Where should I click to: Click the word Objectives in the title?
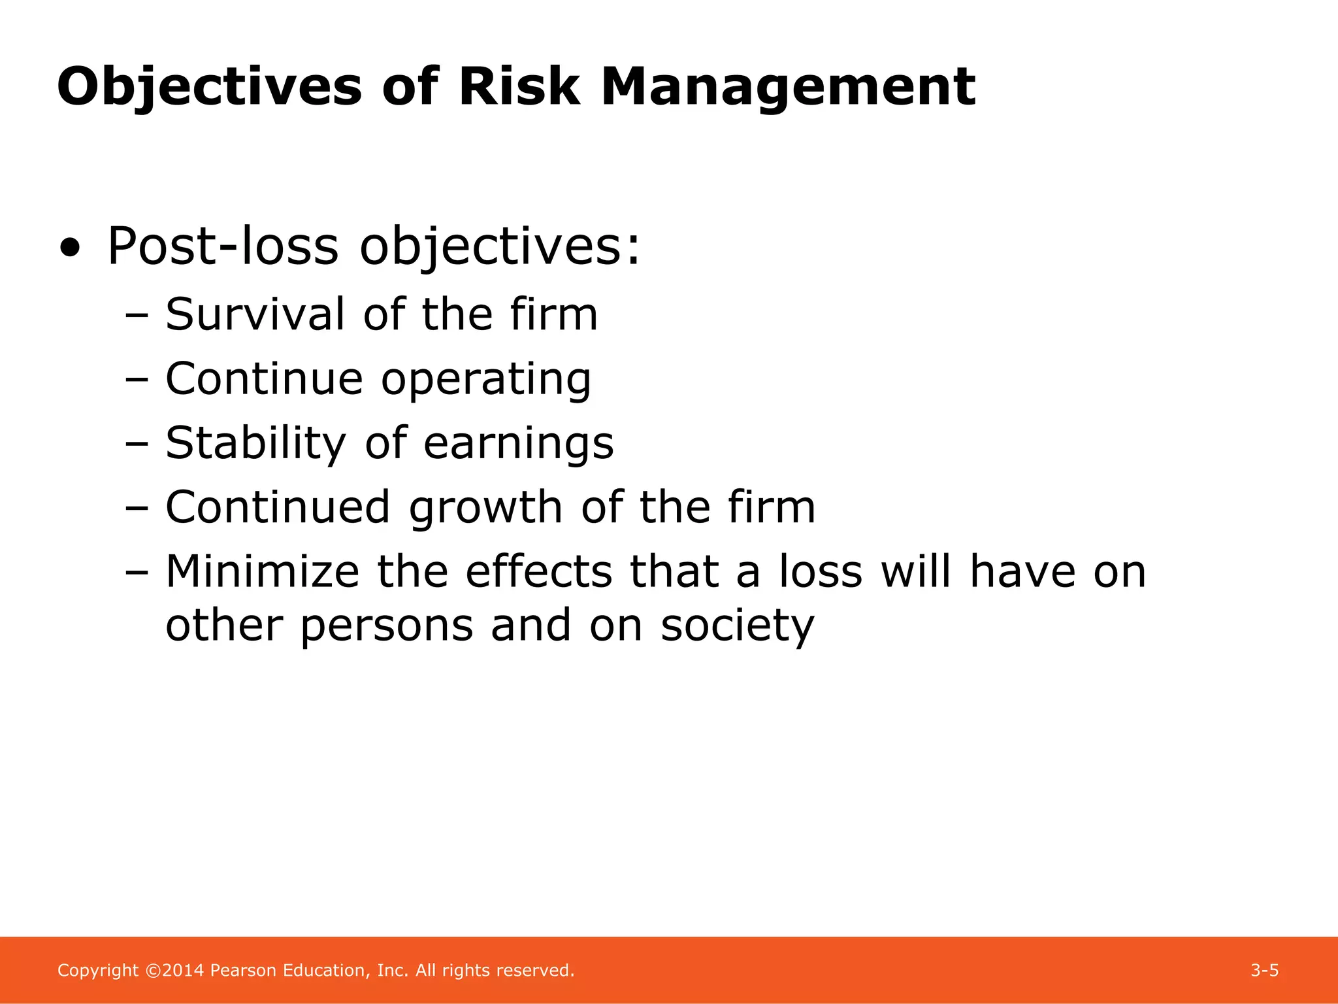click(209, 87)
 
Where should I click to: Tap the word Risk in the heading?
click(519, 87)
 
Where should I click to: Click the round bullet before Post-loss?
click(70, 248)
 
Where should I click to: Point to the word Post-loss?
click(222, 246)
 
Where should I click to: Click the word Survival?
click(255, 314)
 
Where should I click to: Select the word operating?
click(486, 380)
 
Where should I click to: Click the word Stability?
click(255, 443)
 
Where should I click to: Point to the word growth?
click(485, 508)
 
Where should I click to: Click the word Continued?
click(278, 507)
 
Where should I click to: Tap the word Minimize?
click(262, 571)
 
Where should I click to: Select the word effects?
click(538, 571)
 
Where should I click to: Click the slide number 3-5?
click(1264, 971)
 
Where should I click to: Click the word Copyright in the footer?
click(98, 971)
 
